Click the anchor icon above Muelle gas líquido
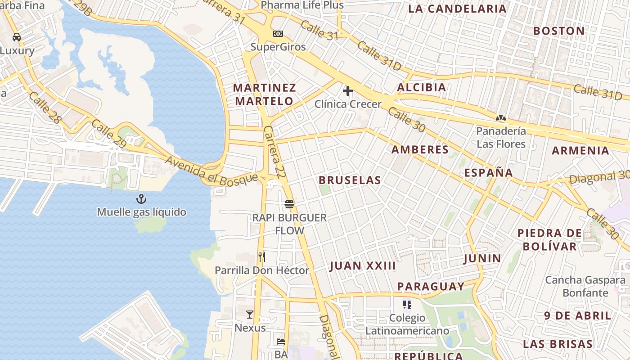(x=141, y=198)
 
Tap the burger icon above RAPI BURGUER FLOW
(x=289, y=205)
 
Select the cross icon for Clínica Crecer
(x=347, y=91)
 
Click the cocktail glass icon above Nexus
(x=250, y=315)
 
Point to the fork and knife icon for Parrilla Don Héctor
(x=262, y=257)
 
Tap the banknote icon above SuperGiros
(x=278, y=34)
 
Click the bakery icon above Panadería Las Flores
(x=500, y=118)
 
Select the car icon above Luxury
(x=17, y=37)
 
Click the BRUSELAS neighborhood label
(x=350, y=180)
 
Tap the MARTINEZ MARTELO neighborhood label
(x=265, y=94)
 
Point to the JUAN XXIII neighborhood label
(x=363, y=266)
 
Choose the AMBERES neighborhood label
(x=420, y=149)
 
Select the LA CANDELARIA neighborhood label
(x=457, y=9)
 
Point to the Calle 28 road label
(x=44, y=108)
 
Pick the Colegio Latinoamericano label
(x=407, y=324)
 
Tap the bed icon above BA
(x=281, y=341)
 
